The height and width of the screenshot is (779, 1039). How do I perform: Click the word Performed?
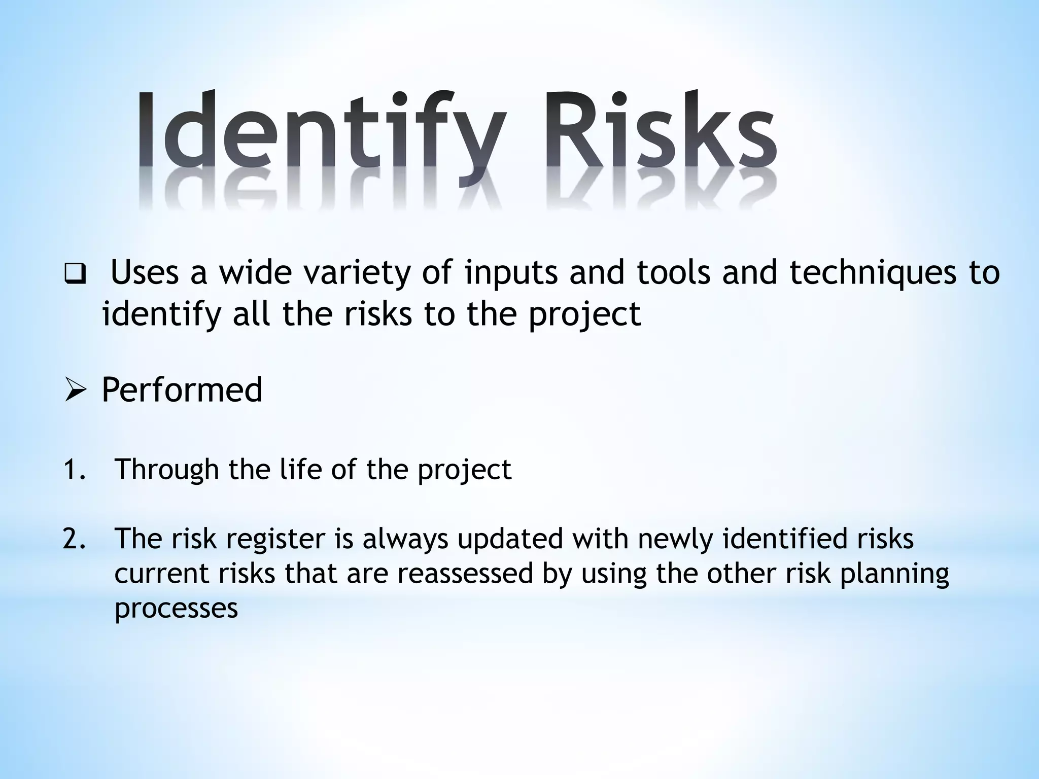click(182, 390)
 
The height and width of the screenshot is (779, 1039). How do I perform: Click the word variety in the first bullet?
click(356, 274)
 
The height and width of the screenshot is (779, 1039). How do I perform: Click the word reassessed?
click(465, 574)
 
